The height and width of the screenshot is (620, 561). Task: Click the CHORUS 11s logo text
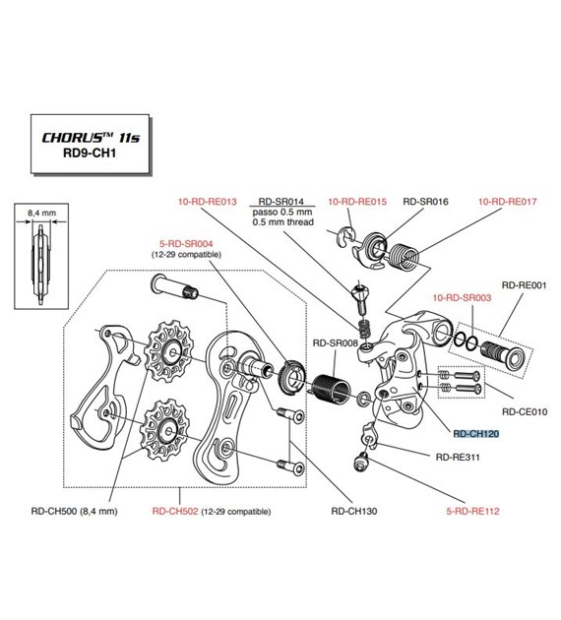pos(91,138)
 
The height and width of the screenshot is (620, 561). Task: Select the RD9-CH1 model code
pos(90,153)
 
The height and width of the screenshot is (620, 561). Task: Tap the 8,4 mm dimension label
pos(41,213)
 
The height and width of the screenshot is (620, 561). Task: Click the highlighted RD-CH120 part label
pos(476,434)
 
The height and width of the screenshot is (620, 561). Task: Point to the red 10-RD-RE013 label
pos(207,202)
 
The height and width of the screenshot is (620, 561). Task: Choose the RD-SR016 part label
pos(425,202)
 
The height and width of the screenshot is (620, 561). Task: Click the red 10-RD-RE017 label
pos(508,202)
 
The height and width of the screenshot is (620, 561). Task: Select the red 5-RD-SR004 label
pos(186,244)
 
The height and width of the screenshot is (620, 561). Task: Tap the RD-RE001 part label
pos(524,285)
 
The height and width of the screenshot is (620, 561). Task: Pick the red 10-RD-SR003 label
pos(462,298)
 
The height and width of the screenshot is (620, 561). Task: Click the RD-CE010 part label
pos(525,412)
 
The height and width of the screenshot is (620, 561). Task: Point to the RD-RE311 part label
pos(458,458)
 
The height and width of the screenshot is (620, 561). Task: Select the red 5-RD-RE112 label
pos(472,512)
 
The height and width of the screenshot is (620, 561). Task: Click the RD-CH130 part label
pos(354,512)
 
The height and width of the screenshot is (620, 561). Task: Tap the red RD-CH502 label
pos(175,512)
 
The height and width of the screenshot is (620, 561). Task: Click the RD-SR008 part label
pos(336,343)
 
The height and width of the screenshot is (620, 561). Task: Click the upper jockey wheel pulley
pos(169,352)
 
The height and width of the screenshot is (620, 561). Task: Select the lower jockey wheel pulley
pos(166,429)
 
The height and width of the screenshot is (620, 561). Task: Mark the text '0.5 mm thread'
pos(283,222)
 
